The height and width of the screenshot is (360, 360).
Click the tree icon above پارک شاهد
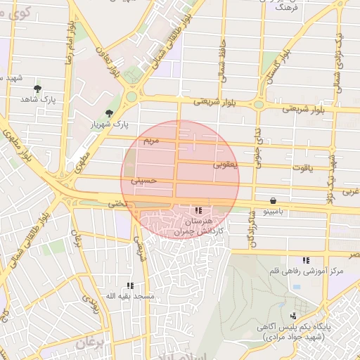tap(37, 89)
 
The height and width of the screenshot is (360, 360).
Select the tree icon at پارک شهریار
tap(108, 112)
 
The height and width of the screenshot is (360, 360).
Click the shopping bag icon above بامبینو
tap(273, 200)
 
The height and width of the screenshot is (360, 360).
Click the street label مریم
tap(151, 141)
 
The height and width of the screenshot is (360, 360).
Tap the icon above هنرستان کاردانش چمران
tap(199, 210)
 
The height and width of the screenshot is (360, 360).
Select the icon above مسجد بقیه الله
tap(130, 285)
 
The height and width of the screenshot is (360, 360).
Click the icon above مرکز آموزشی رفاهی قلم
tap(305, 260)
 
